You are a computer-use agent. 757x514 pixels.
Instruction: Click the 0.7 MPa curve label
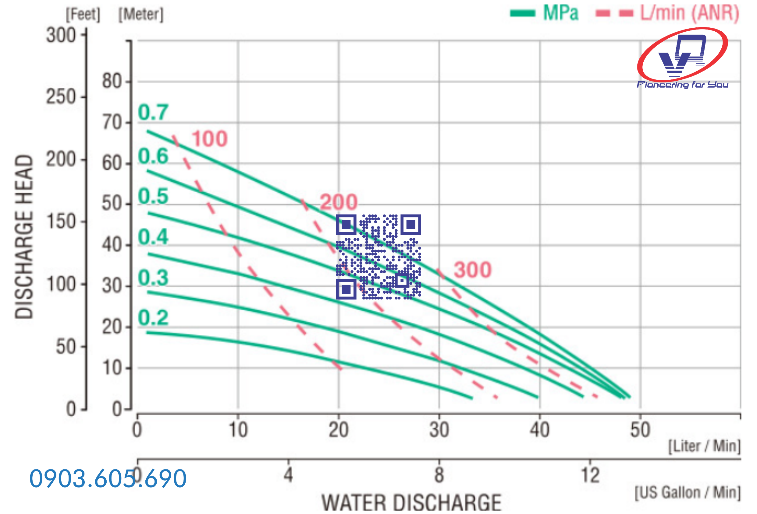pos(153,112)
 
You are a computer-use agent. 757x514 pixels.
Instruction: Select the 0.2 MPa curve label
pos(153,317)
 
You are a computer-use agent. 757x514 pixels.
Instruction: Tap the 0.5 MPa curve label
pos(153,196)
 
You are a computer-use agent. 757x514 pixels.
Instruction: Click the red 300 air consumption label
pos(472,270)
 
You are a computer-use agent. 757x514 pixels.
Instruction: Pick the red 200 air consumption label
pos(339,202)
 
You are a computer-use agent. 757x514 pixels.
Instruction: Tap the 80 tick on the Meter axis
pos(112,81)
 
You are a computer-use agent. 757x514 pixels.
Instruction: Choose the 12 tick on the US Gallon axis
pos(590,475)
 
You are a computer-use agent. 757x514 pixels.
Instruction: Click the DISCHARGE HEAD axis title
pos(24,236)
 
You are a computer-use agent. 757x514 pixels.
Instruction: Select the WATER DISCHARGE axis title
pos(411,503)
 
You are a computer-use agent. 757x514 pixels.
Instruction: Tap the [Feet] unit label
pos(83,14)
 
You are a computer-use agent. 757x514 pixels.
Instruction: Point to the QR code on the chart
pos(378,257)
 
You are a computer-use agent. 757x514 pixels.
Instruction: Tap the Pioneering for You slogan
pos(682,85)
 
